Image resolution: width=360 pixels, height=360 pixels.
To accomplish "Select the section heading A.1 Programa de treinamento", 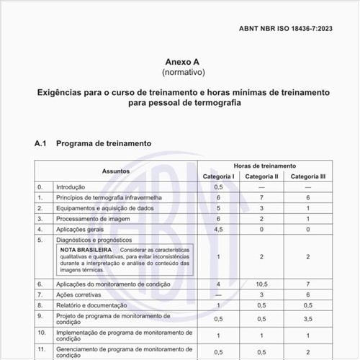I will coord(93,144).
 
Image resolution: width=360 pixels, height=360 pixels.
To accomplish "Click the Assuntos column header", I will coord(116,171).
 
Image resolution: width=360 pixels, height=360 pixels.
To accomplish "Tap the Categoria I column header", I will coord(218,176).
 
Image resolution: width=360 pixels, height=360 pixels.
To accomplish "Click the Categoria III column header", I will coord(307,176).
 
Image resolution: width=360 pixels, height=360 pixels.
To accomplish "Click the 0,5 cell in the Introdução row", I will coord(218,186).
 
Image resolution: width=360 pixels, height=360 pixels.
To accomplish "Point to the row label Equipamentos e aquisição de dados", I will coord(106,207).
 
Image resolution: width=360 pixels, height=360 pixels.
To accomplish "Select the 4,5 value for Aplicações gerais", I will coord(218,229).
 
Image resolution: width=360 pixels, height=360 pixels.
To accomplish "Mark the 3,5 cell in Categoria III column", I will coord(307,318).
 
